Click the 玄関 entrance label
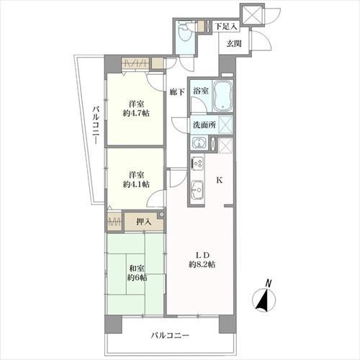pyautogui.click(x=234, y=44)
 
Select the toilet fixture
pyautogui.click(x=186, y=30)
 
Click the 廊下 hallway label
pyautogui.click(x=177, y=91)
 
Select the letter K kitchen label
pyautogui.click(x=220, y=181)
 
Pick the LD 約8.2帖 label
pyautogui.click(x=201, y=258)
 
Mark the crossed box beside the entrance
pyautogui.click(x=252, y=13)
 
